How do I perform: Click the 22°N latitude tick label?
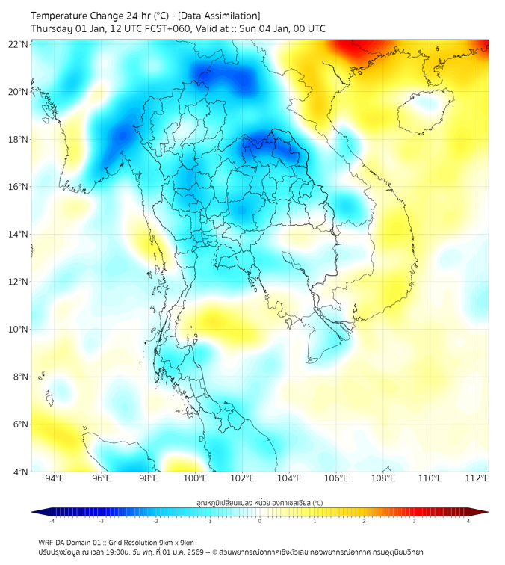[19, 44]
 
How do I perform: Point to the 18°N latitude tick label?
[19, 139]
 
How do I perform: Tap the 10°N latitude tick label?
[19, 329]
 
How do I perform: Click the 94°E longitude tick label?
[55, 479]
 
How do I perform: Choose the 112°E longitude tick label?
[477, 479]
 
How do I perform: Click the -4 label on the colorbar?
[51, 521]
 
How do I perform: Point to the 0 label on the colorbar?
[260, 521]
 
